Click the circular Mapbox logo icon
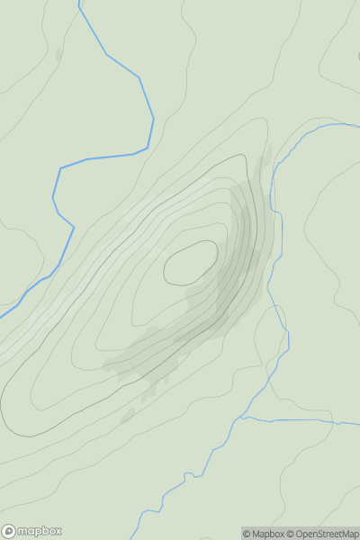pyautogui.click(x=10, y=531)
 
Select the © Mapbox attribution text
pyautogui.click(x=265, y=534)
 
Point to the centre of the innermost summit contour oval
pyautogui.click(x=191, y=263)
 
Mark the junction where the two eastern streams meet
pyautogui.click(x=245, y=418)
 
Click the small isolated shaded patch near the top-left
pyautogui.click(x=59, y=54)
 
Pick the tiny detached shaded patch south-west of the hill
pyautogui.click(x=128, y=415)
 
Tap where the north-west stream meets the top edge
pyautogui.click(x=79, y=2)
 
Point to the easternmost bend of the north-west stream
pyautogui.click(x=154, y=118)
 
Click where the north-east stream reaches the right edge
pyautogui.click(x=358, y=126)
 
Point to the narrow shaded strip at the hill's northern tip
pyautogui.click(x=265, y=166)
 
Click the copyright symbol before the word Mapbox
pyautogui.click(x=247, y=534)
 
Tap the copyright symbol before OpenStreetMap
pyautogui.click(x=291, y=534)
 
